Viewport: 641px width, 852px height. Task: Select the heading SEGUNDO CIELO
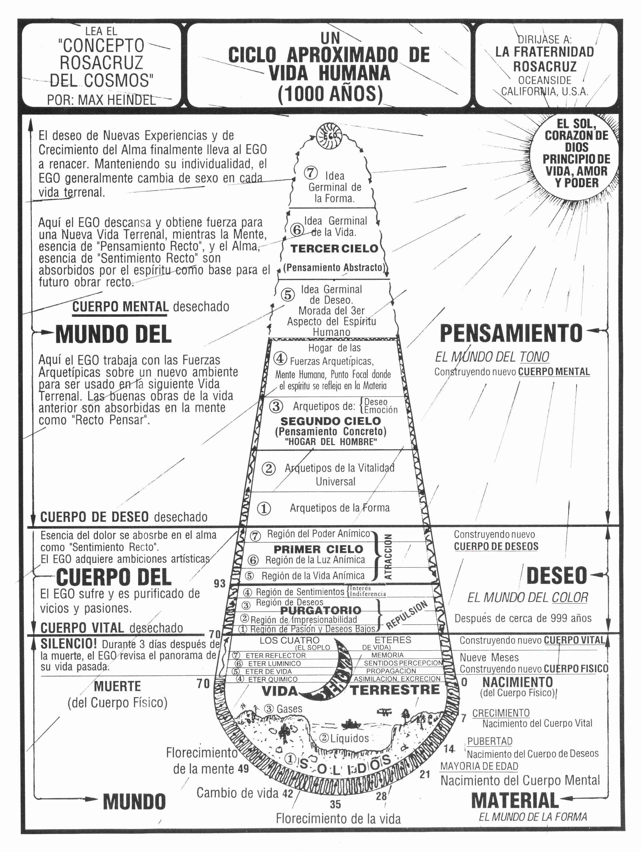pos(330,421)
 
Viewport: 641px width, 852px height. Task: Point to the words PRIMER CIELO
pos(318,549)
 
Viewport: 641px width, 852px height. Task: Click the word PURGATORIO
pos(321,610)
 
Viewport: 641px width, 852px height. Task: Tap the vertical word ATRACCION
pos(388,557)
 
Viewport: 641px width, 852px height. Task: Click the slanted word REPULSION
pos(407,615)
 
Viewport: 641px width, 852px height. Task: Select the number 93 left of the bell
pos(220,583)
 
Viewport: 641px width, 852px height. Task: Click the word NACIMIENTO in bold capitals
pos(517,682)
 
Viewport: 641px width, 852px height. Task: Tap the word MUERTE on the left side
pos(117,686)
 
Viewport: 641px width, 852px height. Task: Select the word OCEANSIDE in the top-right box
pos(544,81)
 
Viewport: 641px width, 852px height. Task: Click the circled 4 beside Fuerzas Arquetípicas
pos(280,358)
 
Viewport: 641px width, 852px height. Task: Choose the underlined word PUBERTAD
pos(490,741)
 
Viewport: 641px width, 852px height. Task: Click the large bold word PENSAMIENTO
pos(511,333)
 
